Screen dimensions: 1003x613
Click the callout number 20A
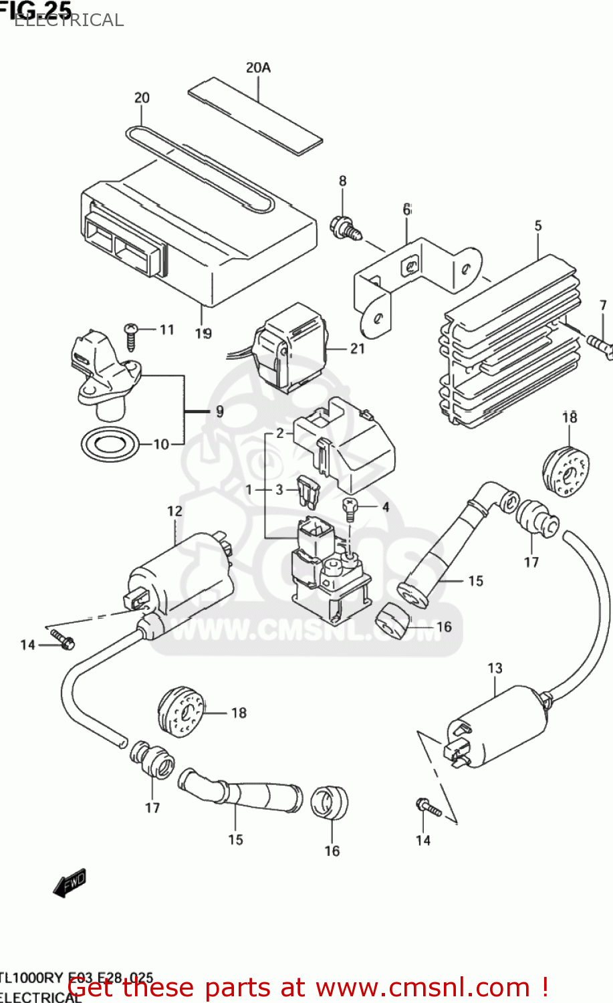[x=258, y=68]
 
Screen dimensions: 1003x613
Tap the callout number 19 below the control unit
[x=203, y=333]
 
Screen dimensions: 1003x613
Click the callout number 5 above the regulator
[x=538, y=226]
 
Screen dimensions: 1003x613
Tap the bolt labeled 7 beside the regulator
[x=600, y=345]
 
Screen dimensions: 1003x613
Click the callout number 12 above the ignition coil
[x=174, y=511]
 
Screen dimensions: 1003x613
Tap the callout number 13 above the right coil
[x=495, y=668]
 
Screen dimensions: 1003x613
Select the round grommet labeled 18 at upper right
[x=566, y=471]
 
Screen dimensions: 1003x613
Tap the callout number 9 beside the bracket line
[x=220, y=412]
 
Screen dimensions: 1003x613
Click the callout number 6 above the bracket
[x=407, y=210]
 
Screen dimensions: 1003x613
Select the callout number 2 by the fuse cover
[x=280, y=433]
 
